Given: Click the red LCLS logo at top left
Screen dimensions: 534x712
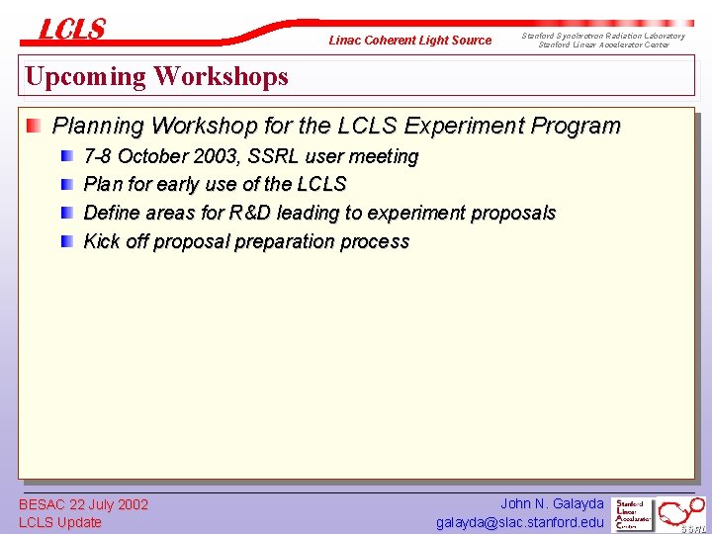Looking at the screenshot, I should pyautogui.click(x=71, y=30).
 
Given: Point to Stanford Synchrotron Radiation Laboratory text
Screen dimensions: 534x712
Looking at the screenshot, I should pyautogui.click(x=602, y=36).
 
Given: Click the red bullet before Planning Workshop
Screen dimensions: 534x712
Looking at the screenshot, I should pyautogui.click(x=35, y=126).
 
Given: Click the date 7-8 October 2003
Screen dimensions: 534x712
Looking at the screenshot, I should pyautogui.click(x=152, y=156).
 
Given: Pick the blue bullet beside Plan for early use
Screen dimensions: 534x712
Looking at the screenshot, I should pyautogui.click(x=67, y=184).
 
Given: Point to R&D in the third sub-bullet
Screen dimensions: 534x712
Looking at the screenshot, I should pyautogui.click(x=250, y=213).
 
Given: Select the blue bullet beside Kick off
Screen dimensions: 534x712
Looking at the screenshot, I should pyautogui.click(x=67, y=241).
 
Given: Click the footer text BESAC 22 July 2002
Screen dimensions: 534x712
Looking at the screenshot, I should pyautogui.click(x=83, y=504).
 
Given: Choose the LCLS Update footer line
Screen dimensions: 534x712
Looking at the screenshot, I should pyautogui.click(x=60, y=522).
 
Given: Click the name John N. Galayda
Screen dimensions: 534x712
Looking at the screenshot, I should pyautogui.click(x=552, y=503).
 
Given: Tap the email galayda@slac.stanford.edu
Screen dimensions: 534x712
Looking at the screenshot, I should pyautogui.click(x=519, y=522).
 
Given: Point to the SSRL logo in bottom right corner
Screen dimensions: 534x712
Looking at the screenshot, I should pyautogui.click(x=683, y=514).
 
